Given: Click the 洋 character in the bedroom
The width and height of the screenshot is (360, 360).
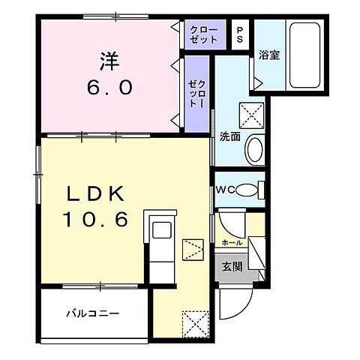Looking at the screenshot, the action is pyautogui.click(x=109, y=61).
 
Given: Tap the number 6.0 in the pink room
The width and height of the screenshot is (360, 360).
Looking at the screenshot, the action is pyautogui.click(x=109, y=88).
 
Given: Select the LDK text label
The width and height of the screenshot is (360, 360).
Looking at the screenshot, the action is pyautogui.click(x=95, y=193).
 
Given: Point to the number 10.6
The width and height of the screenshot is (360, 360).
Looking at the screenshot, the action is pyautogui.click(x=96, y=219).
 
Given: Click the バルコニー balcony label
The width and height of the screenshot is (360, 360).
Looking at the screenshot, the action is pyautogui.click(x=92, y=313).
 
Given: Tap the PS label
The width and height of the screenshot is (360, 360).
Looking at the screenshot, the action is pyautogui.click(x=240, y=34).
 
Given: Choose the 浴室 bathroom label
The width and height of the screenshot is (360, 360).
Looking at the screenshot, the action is pyautogui.click(x=269, y=55).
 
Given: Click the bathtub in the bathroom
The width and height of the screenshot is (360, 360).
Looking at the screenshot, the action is pyautogui.click(x=304, y=55).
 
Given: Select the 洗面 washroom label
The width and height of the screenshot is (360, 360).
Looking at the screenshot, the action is pyautogui.click(x=230, y=136).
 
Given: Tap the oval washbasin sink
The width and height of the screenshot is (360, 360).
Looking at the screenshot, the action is pyautogui.click(x=255, y=149).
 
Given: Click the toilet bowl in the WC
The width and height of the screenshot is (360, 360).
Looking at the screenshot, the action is pyautogui.click(x=247, y=190).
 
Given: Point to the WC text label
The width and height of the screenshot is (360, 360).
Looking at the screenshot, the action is pyautogui.click(x=225, y=190).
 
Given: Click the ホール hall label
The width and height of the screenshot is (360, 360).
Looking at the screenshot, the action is pyautogui.click(x=232, y=242).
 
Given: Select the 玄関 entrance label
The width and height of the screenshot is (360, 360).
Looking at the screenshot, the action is pyautogui.click(x=232, y=266).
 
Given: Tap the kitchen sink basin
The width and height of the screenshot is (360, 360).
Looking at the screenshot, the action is pyautogui.click(x=162, y=230).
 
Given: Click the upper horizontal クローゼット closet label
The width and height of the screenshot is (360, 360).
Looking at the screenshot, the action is pyautogui.click(x=203, y=34).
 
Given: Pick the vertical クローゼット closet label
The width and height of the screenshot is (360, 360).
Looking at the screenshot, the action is pyautogui.click(x=197, y=94).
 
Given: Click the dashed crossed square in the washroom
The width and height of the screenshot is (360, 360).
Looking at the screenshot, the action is pyautogui.click(x=251, y=115).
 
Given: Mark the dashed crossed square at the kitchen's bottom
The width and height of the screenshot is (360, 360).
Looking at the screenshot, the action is pyautogui.click(x=196, y=324).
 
